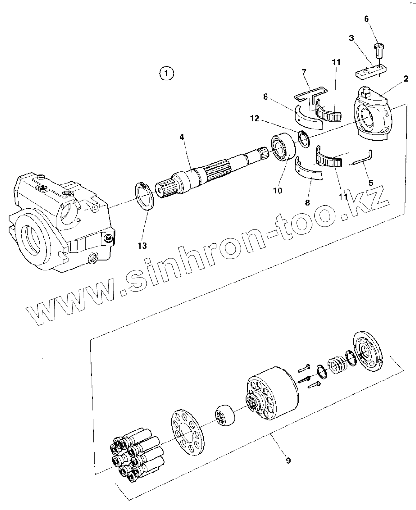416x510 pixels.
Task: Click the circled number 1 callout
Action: (x=166, y=73)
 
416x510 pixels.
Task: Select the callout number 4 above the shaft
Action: (x=182, y=137)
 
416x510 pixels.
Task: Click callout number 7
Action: (x=304, y=73)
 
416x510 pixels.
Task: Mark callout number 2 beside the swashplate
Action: (x=405, y=79)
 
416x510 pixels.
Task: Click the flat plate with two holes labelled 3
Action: (x=371, y=72)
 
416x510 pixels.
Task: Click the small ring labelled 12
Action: (x=304, y=139)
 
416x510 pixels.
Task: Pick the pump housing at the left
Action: (x=60, y=222)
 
